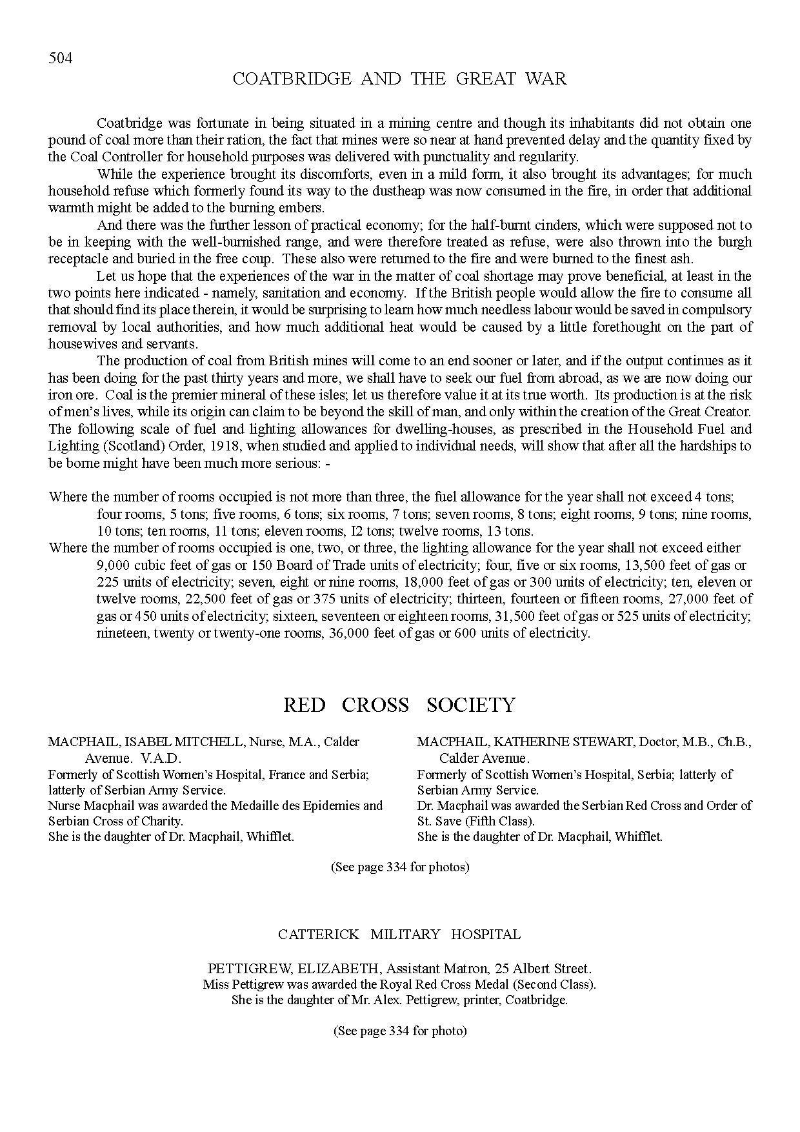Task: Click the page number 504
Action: pyautogui.click(x=60, y=59)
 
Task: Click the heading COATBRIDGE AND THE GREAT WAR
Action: pyautogui.click(x=399, y=79)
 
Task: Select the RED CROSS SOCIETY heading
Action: pyautogui.click(x=399, y=705)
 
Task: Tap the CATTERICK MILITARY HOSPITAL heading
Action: pyautogui.click(x=399, y=934)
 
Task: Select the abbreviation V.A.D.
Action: pyautogui.click(x=161, y=758)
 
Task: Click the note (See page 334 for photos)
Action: pyautogui.click(x=400, y=867)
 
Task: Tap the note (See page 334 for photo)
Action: pyautogui.click(x=400, y=1031)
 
